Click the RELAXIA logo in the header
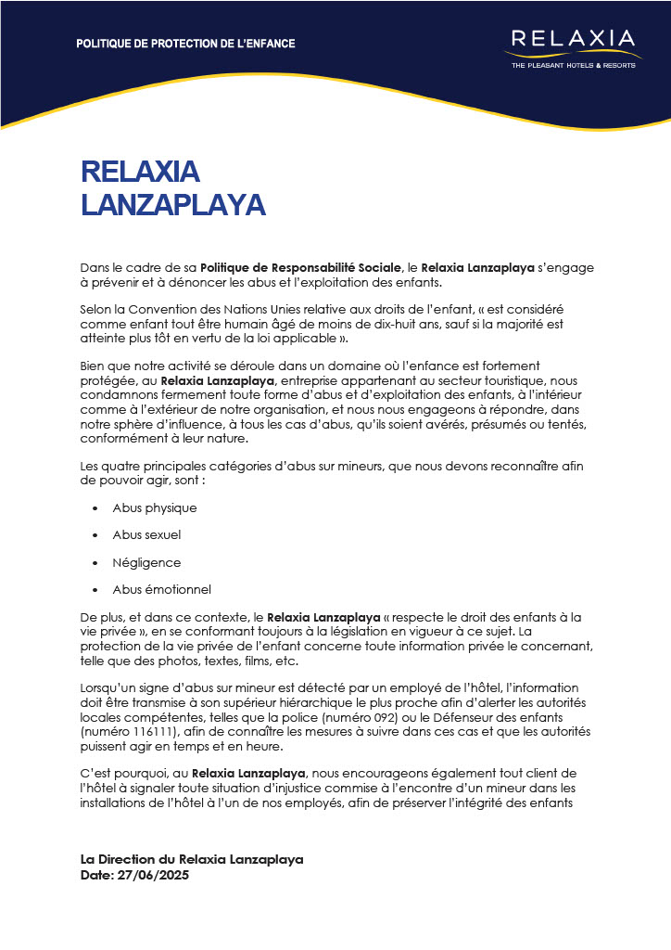point(573,39)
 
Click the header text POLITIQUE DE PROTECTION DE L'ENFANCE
point(185,44)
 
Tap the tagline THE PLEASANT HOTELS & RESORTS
point(573,66)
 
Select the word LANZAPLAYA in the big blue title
point(173,204)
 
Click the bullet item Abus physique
point(155,507)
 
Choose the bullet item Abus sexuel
point(146,535)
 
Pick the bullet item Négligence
point(146,562)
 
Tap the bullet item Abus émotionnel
point(161,589)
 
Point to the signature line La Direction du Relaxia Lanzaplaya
point(192,860)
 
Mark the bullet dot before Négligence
point(95,563)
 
